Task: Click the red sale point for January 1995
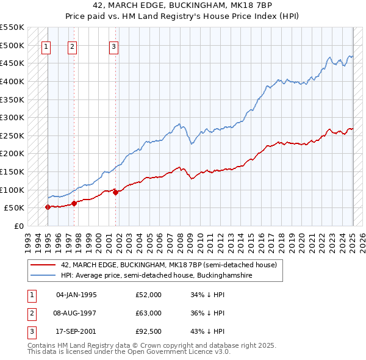pos(48,207)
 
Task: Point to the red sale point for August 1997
pos(74,203)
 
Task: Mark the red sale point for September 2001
pos(115,192)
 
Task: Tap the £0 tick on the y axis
pos(20,226)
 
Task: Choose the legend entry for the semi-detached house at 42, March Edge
pos(169,265)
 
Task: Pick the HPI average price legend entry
pos(157,276)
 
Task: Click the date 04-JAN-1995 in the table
pos(76,295)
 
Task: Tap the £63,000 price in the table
pos(149,313)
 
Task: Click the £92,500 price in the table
pos(149,331)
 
